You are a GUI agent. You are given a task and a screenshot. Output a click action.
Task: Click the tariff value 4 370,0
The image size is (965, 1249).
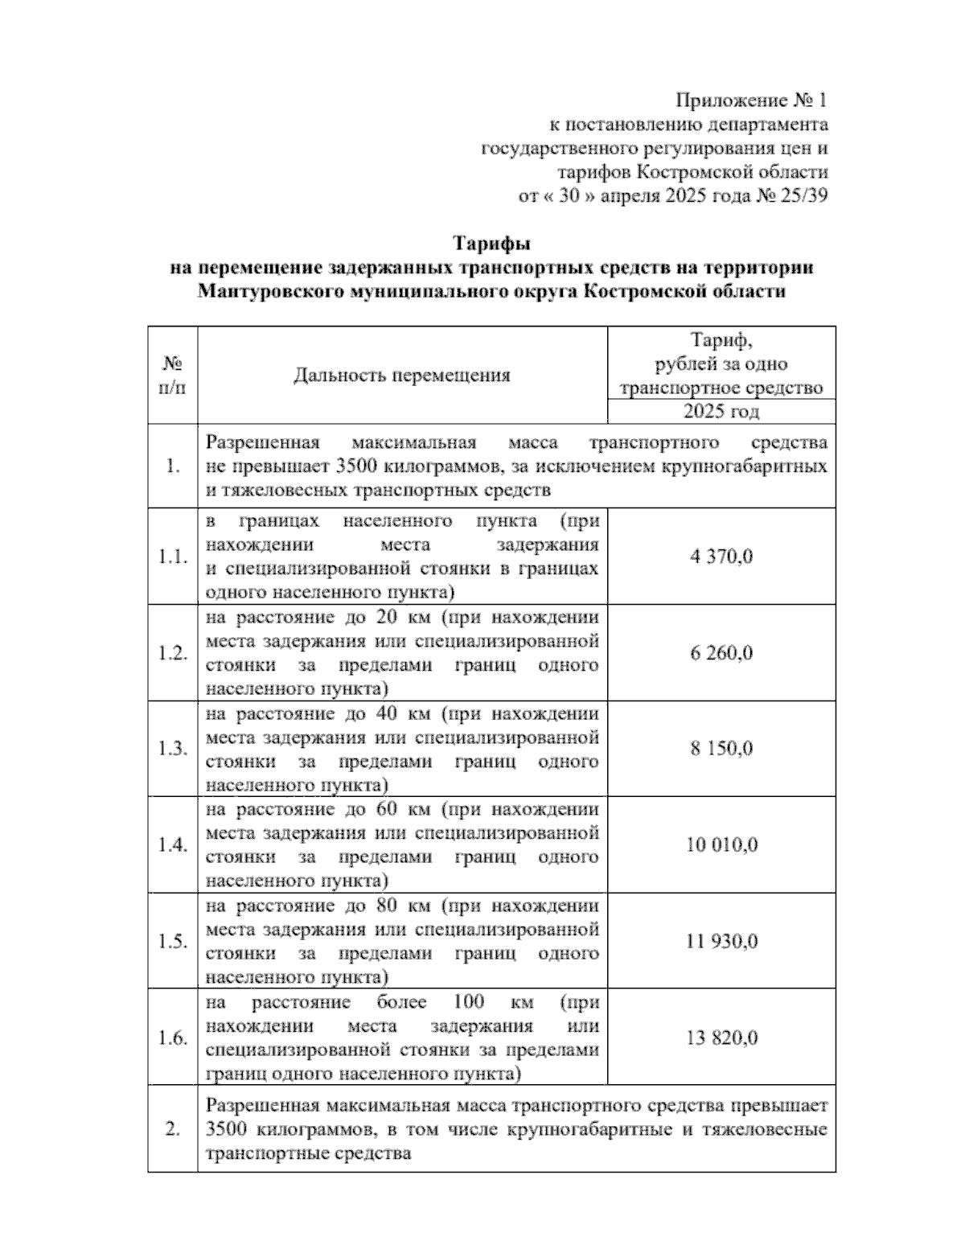[721, 557]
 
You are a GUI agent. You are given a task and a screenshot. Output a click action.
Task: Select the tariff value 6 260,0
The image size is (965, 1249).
[721, 653]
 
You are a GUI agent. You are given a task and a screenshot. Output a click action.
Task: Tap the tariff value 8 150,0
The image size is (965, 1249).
[721, 749]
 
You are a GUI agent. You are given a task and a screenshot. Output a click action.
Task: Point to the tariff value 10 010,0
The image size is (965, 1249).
[721, 845]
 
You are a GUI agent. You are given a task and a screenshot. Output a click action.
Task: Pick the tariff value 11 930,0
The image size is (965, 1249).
[721, 942]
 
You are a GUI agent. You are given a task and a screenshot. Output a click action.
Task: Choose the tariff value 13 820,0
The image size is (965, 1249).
[721, 1038]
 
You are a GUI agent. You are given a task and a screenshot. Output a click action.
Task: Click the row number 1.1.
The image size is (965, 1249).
[173, 557]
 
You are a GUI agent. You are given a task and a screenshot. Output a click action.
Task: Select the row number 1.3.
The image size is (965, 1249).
[173, 749]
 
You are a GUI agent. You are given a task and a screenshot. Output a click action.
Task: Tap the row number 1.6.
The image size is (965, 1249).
[173, 1038]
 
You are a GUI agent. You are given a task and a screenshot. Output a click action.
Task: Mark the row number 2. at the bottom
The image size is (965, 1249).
[172, 1129]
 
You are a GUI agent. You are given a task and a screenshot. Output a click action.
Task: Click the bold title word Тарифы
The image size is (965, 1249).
[491, 243]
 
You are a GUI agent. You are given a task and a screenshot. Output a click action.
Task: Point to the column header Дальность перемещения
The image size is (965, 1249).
[402, 376]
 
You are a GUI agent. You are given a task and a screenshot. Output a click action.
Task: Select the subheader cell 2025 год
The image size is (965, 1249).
[721, 412]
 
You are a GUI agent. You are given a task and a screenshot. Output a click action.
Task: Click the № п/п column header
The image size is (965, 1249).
[173, 376]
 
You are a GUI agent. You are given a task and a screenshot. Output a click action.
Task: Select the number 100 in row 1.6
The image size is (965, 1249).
[468, 1002]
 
